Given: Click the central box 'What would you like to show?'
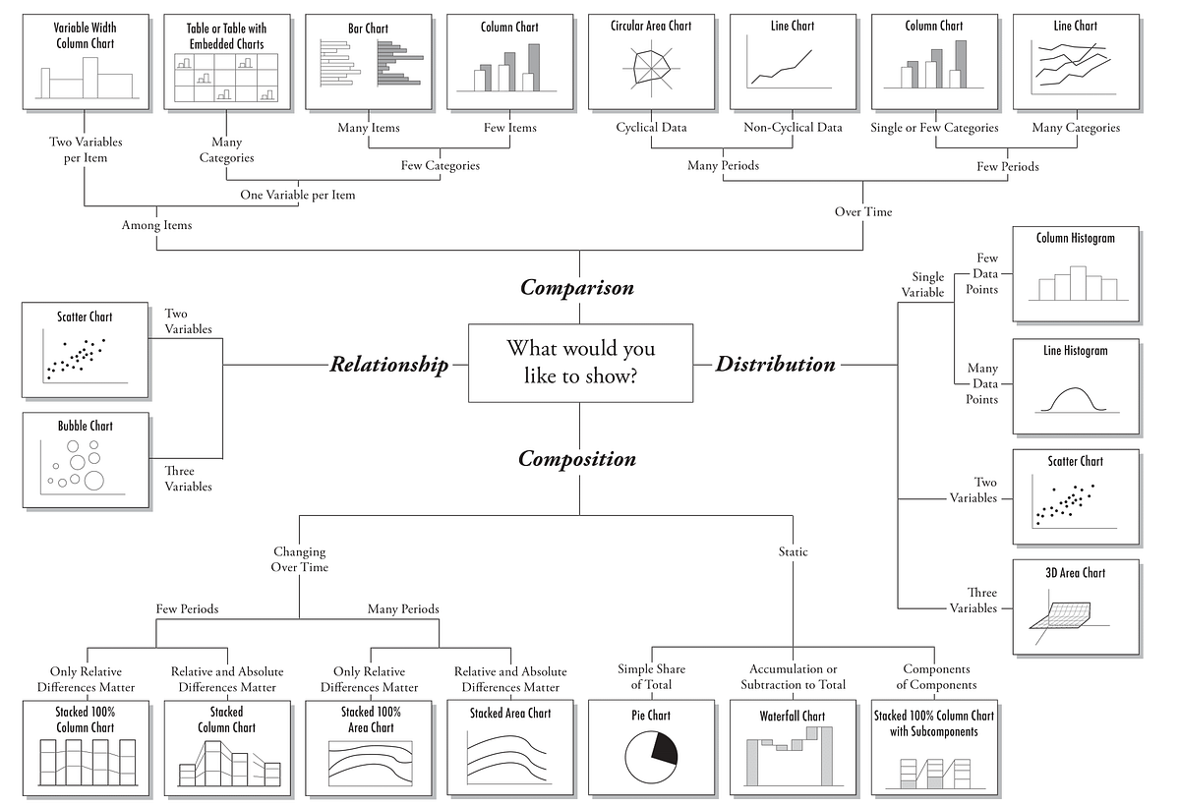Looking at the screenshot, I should click(580, 363).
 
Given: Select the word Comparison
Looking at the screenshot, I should click(577, 288).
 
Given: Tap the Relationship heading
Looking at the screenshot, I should click(388, 365).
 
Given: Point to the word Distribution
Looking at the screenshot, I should click(775, 365).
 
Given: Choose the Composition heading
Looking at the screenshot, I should click(577, 459).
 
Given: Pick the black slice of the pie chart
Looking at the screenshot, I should click(664, 750).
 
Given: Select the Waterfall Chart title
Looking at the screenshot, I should click(793, 716).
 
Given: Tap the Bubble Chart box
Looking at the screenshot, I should click(86, 459).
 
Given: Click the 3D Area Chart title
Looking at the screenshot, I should click(1075, 573).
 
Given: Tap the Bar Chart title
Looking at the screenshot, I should click(368, 29).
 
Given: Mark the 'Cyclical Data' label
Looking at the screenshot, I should click(651, 128).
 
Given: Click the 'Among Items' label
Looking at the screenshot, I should click(156, 226).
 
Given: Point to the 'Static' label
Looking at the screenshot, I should click(793, 552).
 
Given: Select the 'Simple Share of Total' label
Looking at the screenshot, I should click(651, 676).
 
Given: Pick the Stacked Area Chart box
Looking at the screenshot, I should click(509, 746).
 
